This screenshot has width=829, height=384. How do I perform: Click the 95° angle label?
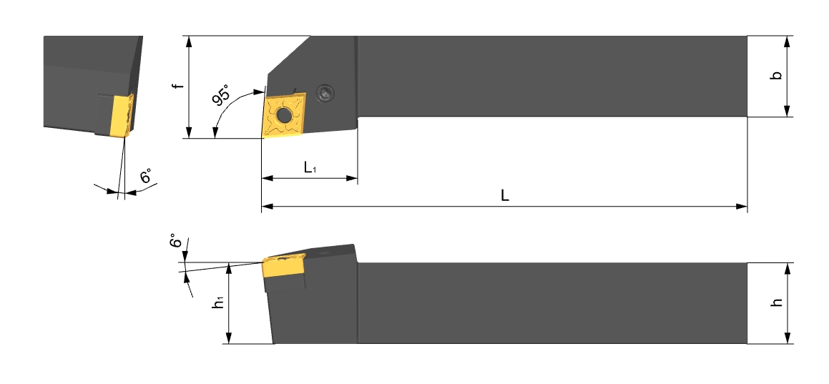pyautogui.click(x=222, y=95)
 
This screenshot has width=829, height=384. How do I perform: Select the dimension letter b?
pyautogui.click(x=776, y=76)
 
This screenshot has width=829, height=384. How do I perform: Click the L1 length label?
pyautogui.click(x=310, y=168)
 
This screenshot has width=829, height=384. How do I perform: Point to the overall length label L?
pyautogui.click(x=505, y=195)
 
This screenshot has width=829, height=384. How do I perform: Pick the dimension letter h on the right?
pyautogui.click(x=776, y=302)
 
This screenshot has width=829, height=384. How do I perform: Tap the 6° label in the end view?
pyautogui.click(x=147, y=177)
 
